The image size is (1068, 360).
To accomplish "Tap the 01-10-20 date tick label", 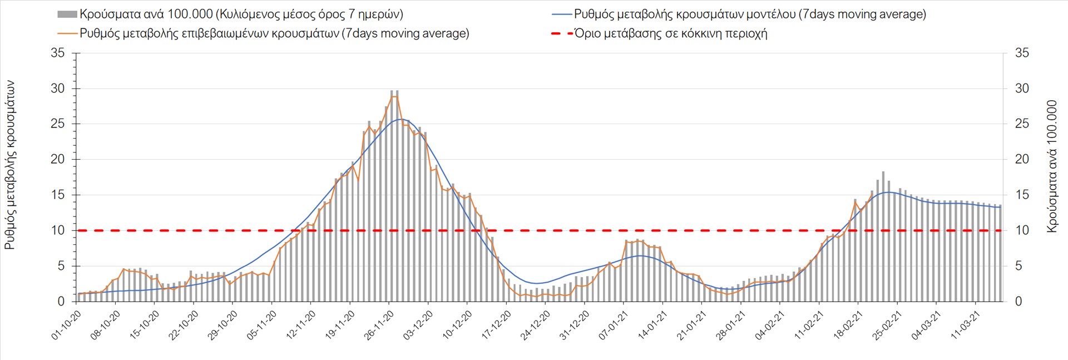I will coord(67,326).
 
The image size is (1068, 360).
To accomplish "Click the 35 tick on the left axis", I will coord(57,53).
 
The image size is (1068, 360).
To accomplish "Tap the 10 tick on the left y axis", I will coord(57,230).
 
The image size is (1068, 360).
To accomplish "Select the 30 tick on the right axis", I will coord(1022,88).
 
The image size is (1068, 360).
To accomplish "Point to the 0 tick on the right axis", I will coord(1018,301).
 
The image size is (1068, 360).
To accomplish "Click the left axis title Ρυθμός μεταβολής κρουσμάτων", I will coord(10,165).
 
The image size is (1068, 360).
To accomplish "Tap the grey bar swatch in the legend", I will coord(67,14).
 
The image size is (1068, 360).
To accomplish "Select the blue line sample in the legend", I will coord(562,14).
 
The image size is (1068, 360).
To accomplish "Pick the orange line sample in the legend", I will coord(67,33).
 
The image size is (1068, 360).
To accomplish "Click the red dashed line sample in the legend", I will coord(562,33).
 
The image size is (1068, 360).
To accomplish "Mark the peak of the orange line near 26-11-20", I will coord(394,96).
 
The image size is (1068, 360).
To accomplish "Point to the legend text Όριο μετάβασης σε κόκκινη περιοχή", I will coord(671,33).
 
